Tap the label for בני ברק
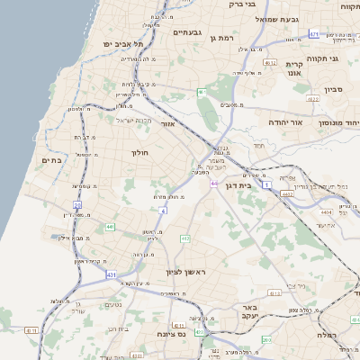coord(243,4)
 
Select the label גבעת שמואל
coord(269,19)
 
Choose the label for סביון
coord(335,90)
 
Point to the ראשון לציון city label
coord(185,272)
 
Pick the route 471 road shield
coord(314,34)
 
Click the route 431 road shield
coord(111,273)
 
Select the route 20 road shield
coord(78,206)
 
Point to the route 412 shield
coord(185,238)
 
